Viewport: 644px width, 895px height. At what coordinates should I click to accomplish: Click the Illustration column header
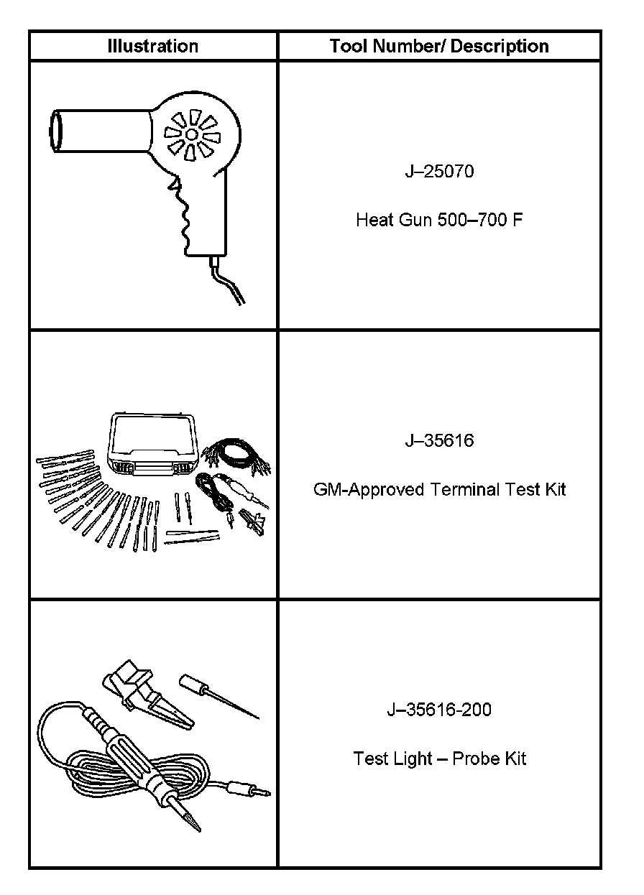pyautogui.click(x=152, y=47)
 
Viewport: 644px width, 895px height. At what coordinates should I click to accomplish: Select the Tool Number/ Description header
pyautogui.click(x=438, y=47)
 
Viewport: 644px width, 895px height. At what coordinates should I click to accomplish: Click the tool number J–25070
pyautogui.click(x=438, y=172)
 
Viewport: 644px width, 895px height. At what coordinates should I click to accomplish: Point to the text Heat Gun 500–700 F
pyautogui.click(x=438, y=220)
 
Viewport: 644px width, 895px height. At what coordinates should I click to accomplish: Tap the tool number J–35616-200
pyautogui.click(x=438, y=710)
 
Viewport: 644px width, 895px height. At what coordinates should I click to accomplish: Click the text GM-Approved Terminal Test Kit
pyautogui.click(x=438, y=490)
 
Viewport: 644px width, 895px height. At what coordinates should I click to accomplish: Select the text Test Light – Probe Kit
pyautogui.click(x=438, y=759)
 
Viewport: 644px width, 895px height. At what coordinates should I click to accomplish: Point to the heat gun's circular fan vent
pyautogui.click(x=192, y=134)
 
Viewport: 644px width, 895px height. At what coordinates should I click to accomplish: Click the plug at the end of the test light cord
pyautogui.click(x=248, y=788)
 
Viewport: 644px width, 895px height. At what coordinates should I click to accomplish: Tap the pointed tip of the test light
pyautogui.click(x=192, y=822)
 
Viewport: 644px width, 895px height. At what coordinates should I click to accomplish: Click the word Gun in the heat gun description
pyautogui.click(x=415, y=220)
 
